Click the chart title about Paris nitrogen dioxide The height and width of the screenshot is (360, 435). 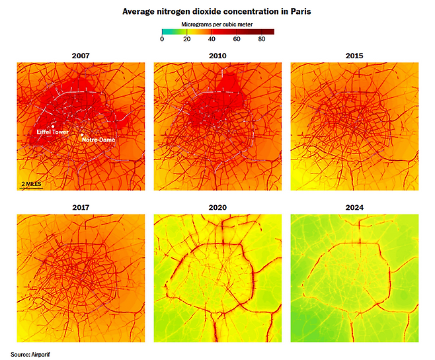pos(217,11)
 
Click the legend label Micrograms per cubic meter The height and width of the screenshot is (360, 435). pos(217,24)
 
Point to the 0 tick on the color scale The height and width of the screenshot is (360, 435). pos(162,40)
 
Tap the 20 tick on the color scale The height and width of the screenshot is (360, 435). pos(187,40)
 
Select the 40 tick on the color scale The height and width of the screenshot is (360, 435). pos(212,40)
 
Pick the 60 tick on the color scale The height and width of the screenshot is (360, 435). pos(237,40)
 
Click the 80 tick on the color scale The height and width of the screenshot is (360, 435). pos(262,40)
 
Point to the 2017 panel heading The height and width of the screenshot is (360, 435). pos(81,207)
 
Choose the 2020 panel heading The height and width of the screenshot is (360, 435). pos(217,207)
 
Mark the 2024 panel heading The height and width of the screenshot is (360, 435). pos(354,207)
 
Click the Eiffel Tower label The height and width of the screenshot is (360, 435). pos(52,132)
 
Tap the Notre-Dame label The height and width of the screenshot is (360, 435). pos(99,140)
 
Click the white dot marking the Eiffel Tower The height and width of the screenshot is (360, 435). pos(52,126)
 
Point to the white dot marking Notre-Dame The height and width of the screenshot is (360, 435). pos(82,135)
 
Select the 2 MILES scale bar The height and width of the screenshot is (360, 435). pos(31,184)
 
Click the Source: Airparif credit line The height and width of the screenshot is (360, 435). pos(30,354)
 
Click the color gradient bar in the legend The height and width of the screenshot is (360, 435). pos(217,32)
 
